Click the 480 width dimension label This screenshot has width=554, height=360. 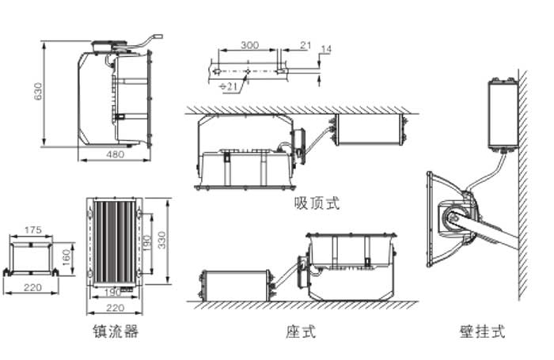coord(115,155)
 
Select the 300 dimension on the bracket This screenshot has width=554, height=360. coord(249,46)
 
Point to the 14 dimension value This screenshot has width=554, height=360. coord(326,50)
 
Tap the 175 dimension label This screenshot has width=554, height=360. coord(32,230)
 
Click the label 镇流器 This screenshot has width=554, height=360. coord(116,332)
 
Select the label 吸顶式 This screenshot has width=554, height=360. coord(316,203)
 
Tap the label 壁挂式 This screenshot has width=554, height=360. coord(481,332)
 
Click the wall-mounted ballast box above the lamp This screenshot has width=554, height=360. coord(503,115)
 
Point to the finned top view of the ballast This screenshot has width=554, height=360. coord(116,241)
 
